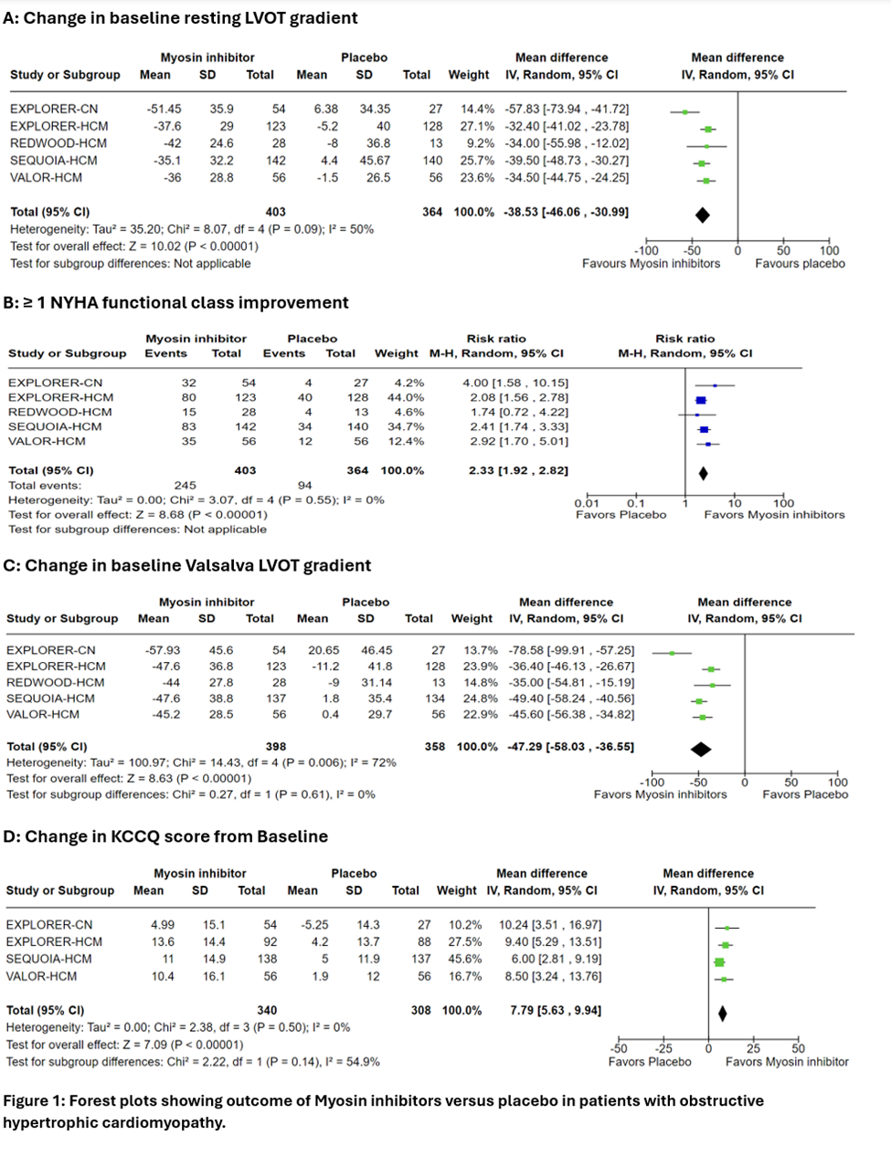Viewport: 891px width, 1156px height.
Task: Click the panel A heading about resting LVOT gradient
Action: click(x=180, y=18)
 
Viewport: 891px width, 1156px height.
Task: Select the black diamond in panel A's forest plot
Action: click(x=702, y=215)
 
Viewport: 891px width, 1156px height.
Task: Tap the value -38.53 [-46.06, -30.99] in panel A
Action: click(x=566, y=212)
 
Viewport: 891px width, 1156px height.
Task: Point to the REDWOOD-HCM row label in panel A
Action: click(x=58, y=143)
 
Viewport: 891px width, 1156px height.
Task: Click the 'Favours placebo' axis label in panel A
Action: click(x=800, y=264)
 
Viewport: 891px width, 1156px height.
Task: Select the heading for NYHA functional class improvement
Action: click(x=176, y=303)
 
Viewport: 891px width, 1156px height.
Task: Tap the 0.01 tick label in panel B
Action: click(x=587, y=503)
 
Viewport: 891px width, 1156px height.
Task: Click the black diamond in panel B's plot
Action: click(x=703, y=473)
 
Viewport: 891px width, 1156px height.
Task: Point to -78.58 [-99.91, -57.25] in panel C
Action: click(x=571, y=650)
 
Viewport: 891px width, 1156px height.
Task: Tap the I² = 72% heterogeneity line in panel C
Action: click(x=201, y=762)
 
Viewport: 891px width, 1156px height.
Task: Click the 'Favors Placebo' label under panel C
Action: click(x=805, y=794)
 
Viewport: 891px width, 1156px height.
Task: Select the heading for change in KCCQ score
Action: click(x=165, y=836)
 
